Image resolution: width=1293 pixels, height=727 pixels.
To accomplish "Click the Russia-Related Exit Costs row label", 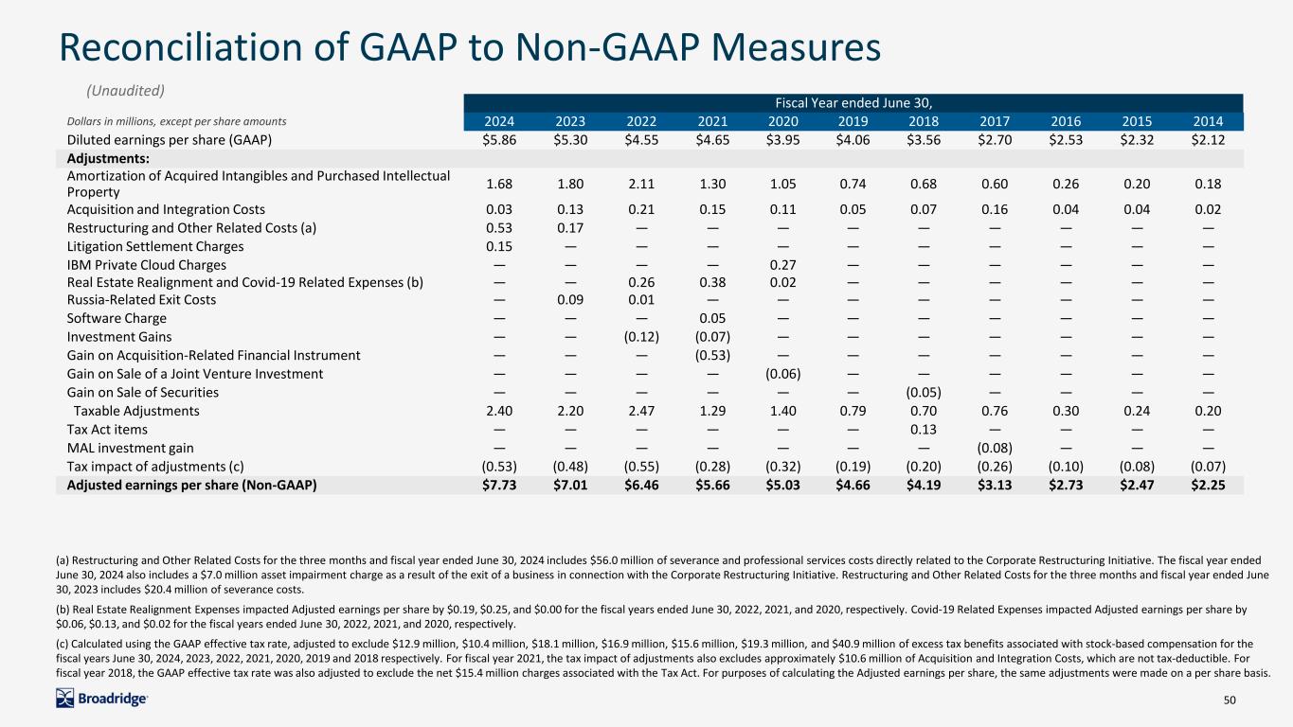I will (141, 299).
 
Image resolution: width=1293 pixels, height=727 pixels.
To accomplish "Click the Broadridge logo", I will (101, 700).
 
